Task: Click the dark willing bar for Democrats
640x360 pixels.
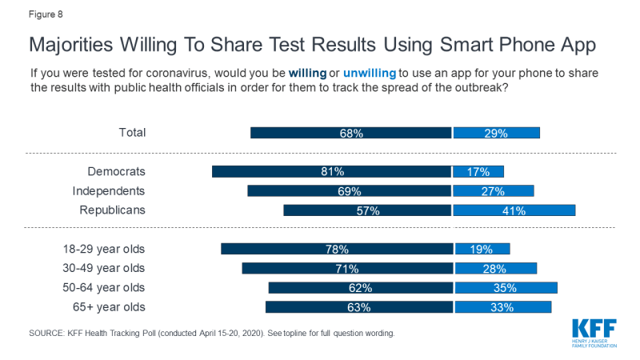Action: point(331,171)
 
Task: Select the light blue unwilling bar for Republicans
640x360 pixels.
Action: point(514,210)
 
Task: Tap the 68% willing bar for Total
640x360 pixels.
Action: point(351,133)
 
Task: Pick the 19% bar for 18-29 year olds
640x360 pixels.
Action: point(482,249)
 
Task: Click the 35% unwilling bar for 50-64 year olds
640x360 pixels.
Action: point(506,287)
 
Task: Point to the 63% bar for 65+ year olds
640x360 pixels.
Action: point(359,306)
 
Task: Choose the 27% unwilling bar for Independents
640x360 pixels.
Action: point(494,191)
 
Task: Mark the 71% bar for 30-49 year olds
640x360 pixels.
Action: point(347,268)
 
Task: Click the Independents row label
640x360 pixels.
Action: point(109,191)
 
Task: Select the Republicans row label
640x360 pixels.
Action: point(112,210)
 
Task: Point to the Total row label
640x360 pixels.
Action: point(131,133)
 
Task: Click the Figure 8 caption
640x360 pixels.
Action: point(46,14)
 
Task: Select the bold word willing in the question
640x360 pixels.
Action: point(309,74)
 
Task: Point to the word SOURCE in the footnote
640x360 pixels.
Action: point(50,332)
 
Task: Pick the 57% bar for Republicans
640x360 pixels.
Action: point(368,210)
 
